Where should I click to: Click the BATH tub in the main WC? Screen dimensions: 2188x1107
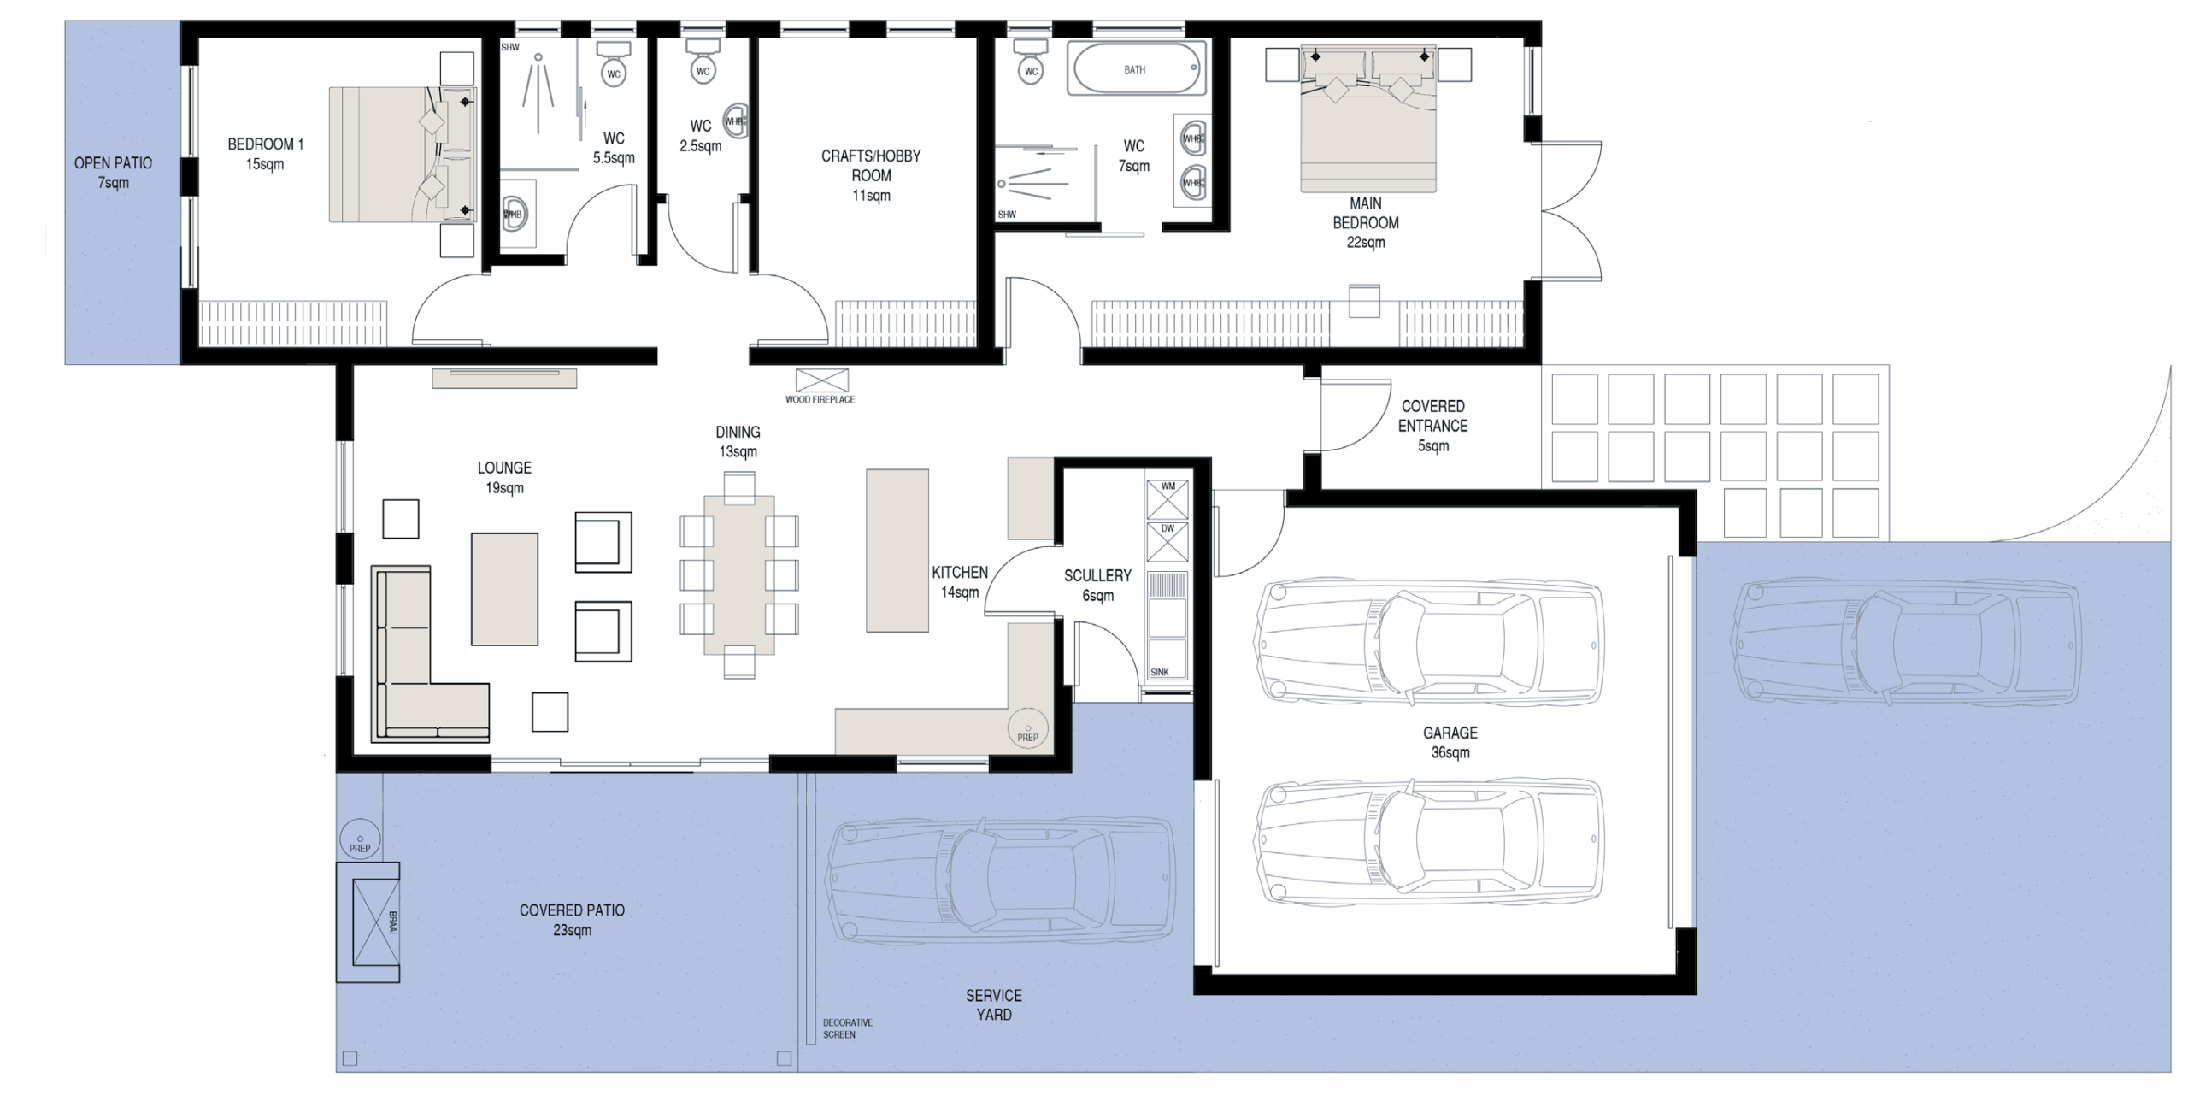(x=1136, y=68)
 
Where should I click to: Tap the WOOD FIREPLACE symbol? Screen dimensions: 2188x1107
(x=821, y=380)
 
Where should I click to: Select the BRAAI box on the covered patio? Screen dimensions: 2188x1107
(x=368, y=922)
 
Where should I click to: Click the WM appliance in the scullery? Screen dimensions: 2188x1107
(x=1167, y=499)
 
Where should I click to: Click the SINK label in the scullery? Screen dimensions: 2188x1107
(x=1160, y=672)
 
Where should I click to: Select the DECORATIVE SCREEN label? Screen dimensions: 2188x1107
(x=847, y=1028)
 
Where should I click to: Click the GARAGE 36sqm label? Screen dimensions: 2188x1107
(x=1450, y=743)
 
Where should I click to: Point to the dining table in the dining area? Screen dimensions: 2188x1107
(x=739, y=574)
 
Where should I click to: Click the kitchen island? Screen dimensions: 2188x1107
(x=897, y=551)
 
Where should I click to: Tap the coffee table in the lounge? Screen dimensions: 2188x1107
(x=504, y=589)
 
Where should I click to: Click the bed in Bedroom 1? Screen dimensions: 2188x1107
(x=403, y=155)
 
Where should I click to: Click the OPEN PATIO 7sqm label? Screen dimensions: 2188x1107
(x=113, y=173)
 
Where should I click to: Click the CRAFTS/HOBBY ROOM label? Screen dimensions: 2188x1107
(x=871, y=175)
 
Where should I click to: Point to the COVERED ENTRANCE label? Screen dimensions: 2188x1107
(x=1433, y=416)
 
